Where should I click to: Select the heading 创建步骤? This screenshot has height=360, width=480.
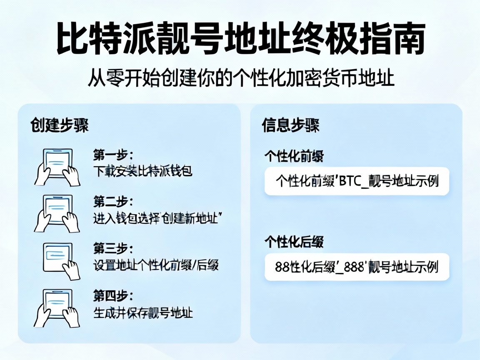[59, 125]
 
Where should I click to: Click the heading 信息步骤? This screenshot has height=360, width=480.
[290, 125]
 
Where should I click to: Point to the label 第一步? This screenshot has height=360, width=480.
[113, 156]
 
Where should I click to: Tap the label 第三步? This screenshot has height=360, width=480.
[113, 249]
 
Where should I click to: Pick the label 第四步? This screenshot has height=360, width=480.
[113, 297]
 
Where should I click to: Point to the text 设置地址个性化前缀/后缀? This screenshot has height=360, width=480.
[155, 265]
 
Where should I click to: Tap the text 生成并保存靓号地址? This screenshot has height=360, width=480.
[143, 312]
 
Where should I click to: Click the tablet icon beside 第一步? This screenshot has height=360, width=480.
[57, 166]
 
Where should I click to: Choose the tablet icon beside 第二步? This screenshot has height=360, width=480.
[57, 213]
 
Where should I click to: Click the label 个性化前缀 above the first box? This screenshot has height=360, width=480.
[294, 157]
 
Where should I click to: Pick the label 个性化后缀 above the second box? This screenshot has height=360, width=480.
[294, 242]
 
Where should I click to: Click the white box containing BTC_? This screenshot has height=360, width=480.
[357, 181]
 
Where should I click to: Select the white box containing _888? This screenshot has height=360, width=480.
[357, 267]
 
